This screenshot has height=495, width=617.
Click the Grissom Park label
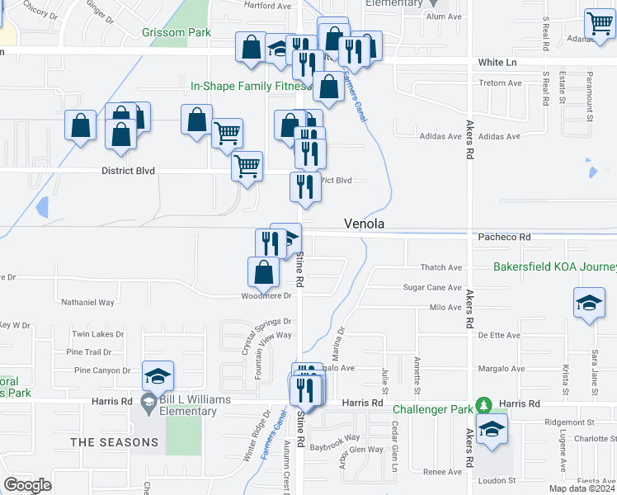pos(176,33)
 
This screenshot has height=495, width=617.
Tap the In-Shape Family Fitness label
pos(249,86)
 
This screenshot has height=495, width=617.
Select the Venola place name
pos(365,224)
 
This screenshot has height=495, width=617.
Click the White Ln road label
pos(497,63)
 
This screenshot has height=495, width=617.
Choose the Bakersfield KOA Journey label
pos(554,266)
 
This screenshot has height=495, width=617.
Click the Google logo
pos(27,485)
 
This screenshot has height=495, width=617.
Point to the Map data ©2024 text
pos(582,488)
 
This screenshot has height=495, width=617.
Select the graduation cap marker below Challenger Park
pos(492,429)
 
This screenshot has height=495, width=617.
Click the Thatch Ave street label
pos(441,267)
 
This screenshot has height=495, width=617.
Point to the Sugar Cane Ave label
pos(432,287)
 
